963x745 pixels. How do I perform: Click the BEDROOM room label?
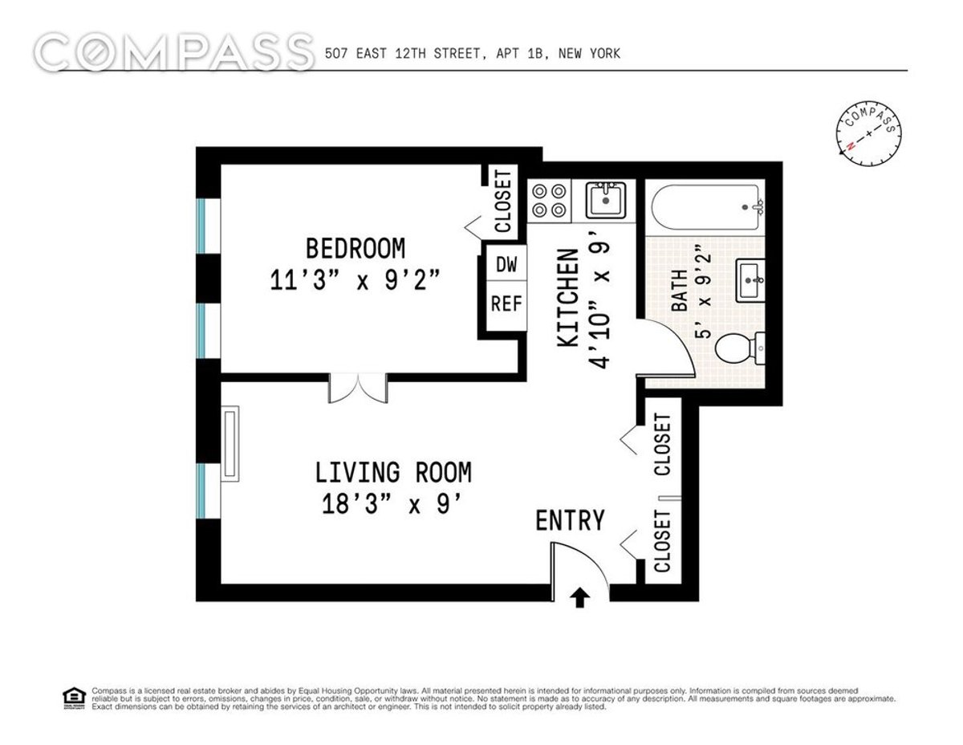(356, 248)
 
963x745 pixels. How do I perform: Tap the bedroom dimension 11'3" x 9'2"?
(356, 280)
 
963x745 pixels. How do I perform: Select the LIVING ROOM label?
(393, 472)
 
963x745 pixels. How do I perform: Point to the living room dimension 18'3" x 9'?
(393, 504)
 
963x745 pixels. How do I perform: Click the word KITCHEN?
(567, 298)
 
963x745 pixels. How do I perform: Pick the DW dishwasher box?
(506, 265)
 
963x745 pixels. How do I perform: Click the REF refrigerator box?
(506, 304)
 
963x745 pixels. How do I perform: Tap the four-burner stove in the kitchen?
(550, 201)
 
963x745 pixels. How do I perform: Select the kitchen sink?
(606, 200)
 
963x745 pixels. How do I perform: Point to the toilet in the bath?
(740, 348)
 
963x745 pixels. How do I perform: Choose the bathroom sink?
(750, 280)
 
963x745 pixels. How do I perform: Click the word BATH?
(680, 291)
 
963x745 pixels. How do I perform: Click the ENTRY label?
(570, 520)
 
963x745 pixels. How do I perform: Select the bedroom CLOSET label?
(503, 202)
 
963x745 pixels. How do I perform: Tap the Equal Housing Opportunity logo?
(74, 698)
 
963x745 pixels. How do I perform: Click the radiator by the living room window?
(230, 444)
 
